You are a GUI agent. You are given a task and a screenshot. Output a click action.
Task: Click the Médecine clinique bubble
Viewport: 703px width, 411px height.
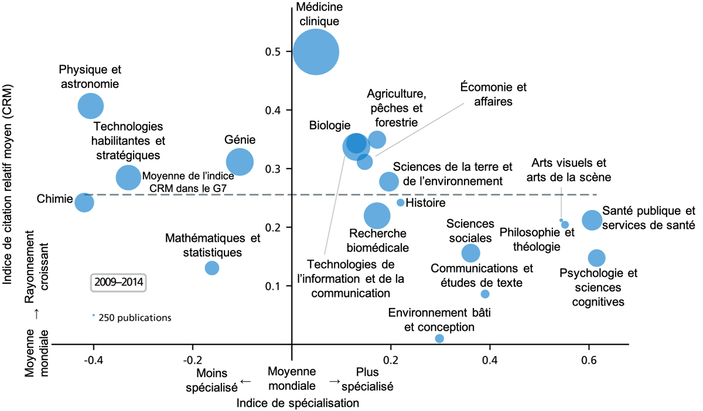coord(316,52)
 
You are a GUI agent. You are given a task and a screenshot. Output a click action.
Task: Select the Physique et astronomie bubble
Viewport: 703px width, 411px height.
coord(91,106)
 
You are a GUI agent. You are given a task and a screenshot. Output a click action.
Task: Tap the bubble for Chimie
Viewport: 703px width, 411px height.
coord(84,203)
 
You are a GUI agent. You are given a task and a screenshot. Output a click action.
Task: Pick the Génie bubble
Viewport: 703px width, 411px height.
coord(240,162)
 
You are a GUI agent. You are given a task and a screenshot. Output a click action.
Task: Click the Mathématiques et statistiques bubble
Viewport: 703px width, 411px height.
coord(212,268)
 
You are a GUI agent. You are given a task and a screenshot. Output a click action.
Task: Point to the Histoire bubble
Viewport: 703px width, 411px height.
coord(401,203)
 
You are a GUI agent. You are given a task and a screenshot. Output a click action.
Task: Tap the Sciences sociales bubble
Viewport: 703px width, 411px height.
coord(470,253)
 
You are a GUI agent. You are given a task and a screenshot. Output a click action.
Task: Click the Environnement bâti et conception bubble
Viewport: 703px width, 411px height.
coord(439,338)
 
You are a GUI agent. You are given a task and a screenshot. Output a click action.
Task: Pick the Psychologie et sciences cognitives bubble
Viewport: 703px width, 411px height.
coord(596,258)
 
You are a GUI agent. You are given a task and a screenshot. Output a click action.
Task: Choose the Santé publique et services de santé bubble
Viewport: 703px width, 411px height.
coord(592,220)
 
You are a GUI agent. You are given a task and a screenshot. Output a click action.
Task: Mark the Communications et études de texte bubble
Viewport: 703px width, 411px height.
coord(485,294)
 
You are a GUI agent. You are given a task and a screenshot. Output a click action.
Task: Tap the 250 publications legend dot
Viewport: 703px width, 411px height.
coord(93,315)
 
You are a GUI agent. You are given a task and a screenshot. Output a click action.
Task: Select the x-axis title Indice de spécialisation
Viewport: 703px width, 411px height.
coord(298,403)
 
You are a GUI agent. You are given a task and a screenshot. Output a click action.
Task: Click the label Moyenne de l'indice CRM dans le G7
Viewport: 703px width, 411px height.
coord(184,181)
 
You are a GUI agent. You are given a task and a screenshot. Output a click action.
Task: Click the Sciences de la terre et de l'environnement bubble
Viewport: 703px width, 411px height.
coord(389,181)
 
